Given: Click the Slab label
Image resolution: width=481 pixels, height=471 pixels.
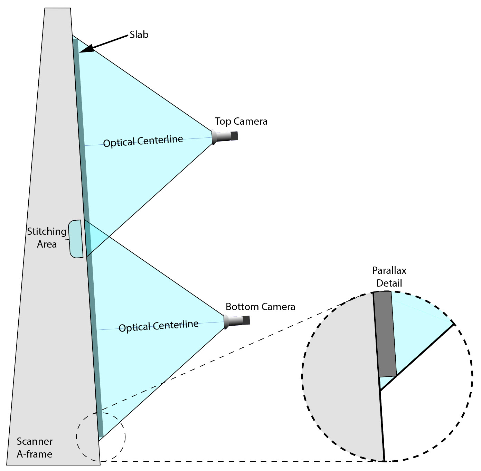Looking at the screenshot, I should coord(139,35).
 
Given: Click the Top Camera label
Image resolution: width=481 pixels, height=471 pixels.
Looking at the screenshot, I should coord(241,121).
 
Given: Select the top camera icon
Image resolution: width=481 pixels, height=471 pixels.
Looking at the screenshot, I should coord(224,136).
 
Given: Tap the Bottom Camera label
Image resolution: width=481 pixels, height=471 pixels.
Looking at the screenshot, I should coord(260,307).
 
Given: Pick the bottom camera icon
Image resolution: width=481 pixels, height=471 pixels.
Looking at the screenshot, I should coord(236,321).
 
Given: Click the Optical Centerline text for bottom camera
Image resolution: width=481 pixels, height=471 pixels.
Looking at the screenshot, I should coord(158,326).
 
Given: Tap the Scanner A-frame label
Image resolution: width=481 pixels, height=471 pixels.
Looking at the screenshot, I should coord(35,448).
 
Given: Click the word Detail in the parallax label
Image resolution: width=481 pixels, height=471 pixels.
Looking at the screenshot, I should coord(389,283).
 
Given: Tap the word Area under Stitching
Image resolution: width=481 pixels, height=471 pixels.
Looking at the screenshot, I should coord(47,244).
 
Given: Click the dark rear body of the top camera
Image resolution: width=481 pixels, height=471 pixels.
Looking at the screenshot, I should coord(234,136).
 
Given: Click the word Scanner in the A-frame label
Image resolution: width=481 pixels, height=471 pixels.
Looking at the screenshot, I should coord(35,441).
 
